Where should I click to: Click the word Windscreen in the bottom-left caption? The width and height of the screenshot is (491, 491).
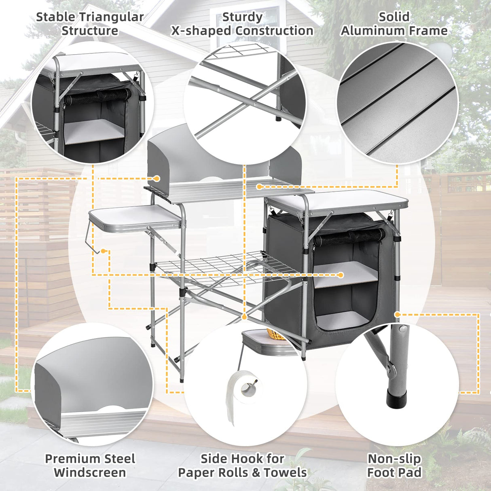tap(89, 472)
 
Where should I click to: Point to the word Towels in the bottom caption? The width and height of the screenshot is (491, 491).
tap(285, 472)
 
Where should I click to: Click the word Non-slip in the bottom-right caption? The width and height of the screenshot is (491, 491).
tap(394, 459)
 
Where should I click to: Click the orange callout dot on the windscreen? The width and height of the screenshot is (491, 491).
tap(157, 178)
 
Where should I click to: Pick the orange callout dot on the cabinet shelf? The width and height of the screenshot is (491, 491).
tap(341, 275)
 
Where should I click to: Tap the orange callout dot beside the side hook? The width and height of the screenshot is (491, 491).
tap(104, 251)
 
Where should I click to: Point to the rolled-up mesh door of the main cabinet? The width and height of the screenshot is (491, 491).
tap(349, 237)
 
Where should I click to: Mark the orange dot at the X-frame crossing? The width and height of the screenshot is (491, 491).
tap(244, 316)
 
